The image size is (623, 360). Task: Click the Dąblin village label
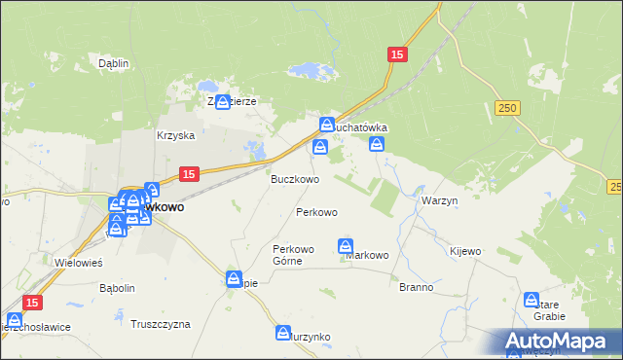pos(114,63)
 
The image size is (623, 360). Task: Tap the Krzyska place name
pos(176,136)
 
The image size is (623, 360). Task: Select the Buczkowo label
pos(294,180)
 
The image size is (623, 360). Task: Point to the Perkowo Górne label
pos(293,255)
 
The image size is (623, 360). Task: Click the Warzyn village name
pos(440,200)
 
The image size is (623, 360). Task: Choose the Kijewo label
pos(465,251)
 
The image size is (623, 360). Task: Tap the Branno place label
pos(417,288)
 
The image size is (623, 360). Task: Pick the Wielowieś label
pos(80,263)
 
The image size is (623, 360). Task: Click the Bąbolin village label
pos(117,289)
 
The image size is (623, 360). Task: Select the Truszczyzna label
pos(161,324)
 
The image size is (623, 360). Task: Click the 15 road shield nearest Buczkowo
pos(189,173)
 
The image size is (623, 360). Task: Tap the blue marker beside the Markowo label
pos(346,246)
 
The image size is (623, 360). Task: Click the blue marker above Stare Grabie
pos(531,300)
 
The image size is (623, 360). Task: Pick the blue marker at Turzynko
pos(283,333)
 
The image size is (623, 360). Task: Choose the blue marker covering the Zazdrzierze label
pos(223,101)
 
